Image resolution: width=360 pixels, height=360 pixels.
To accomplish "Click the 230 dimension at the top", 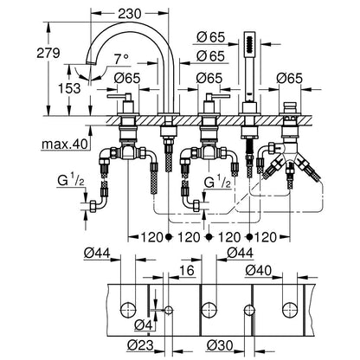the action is (x=130, y=13).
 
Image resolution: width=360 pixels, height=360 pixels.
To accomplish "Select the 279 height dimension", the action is (x=48, y=53).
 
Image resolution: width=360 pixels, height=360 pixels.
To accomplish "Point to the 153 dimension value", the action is (x=69, y=88).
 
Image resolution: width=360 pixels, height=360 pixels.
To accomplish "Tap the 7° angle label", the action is (x=121, y=60).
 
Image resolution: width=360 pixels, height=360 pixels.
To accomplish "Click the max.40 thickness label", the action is (x=65, y=144).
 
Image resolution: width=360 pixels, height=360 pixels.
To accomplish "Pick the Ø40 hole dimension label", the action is (x=259, y=270).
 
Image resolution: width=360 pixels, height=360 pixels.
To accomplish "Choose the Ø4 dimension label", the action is (x=144, y=325).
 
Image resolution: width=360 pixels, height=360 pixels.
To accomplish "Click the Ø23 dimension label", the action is (x=140, y=344).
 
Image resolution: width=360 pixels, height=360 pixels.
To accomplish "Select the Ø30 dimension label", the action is (x=220, y=344).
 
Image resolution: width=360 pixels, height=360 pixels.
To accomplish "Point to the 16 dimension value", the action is (x=187, y=271).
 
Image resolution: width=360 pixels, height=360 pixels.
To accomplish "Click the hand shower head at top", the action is (x=249, y=42).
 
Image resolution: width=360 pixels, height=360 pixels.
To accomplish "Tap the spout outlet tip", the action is (x=92, y=62).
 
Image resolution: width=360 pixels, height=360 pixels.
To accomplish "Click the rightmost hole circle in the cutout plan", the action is (x=290, y=310).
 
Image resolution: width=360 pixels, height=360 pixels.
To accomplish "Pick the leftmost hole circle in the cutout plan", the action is (x=128, y=310).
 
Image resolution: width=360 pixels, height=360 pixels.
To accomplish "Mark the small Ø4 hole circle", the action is (x=169, y=311).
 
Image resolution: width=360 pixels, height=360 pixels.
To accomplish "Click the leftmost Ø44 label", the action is (x=97, y=254).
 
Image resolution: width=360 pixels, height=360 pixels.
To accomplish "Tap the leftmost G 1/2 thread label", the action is (x=71, y=182).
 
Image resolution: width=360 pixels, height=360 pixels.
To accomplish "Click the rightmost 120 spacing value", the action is (x=266, y=237).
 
